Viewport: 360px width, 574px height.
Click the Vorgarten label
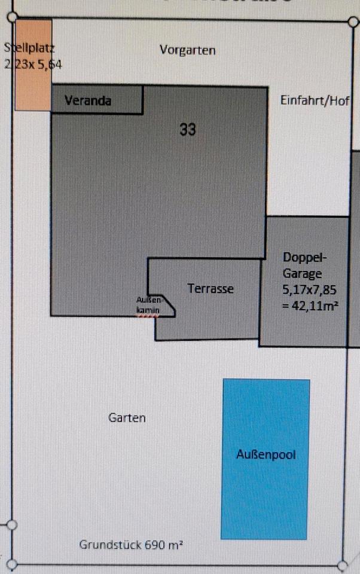(x=188, y=50)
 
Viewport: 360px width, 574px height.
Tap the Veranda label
(x=88, y=100)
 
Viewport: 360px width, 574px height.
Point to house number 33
(x=188, y=129)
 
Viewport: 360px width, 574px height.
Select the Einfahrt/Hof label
(x=315, y=100)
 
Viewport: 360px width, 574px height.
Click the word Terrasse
(x=210, y=289)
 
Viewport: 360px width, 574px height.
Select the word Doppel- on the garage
(x=305, y=258)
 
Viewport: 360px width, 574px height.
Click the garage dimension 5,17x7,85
(x=310, y=291)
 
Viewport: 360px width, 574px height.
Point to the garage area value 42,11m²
(x=310, y=307)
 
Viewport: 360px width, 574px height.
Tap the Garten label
(x=127, y=417)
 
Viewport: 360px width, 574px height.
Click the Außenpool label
(x=266, y=454)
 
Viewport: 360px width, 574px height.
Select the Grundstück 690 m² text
(x=131, y=545)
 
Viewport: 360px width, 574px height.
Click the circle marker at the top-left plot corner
(x=10, y=18)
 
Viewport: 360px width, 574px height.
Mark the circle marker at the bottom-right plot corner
(x=343, y=565)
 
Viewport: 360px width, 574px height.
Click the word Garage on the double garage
(x=303, y=274)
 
